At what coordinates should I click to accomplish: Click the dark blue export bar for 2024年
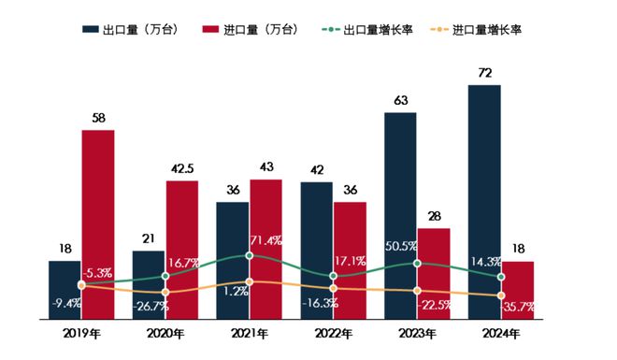pos(484,201)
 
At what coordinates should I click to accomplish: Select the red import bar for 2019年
pos(98,224)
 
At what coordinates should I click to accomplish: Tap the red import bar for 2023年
pos(434,273)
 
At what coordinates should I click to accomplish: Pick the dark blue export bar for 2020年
pos(149,284)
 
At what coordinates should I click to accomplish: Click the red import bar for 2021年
pos(265,248)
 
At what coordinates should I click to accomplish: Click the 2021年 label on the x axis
pos(249,334)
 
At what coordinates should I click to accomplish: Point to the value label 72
pos(484,72)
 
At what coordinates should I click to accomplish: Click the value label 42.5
pos(182,168)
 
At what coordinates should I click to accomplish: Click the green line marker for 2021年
pos(250,255)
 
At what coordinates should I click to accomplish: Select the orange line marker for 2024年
pos(502,296)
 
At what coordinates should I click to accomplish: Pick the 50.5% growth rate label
pos(400,248)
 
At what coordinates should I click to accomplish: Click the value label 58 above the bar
pos(98,118)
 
